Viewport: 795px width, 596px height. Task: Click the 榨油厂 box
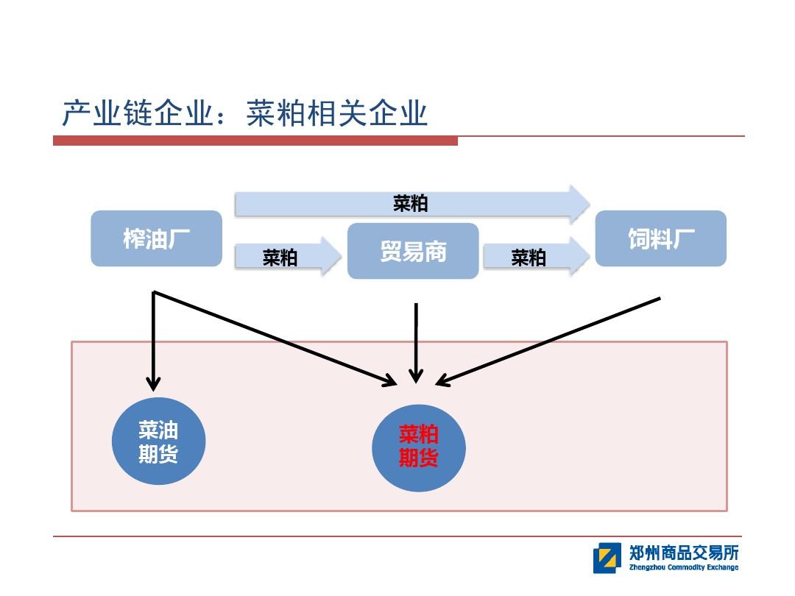[x=156, y=238]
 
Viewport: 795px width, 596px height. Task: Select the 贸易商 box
[x=413, y=251]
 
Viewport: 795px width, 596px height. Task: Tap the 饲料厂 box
[x=660, y=238]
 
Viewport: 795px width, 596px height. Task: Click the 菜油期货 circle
[x=158, y=441]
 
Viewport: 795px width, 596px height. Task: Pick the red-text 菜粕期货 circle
[x=419, y=447]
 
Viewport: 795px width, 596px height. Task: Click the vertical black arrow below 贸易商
[x=416, y=342]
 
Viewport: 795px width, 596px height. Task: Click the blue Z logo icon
[x=607, y=558]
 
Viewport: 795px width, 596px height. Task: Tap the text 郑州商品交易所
[x=684, y=553]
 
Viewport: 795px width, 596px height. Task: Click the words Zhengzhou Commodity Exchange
[x=684, y=567]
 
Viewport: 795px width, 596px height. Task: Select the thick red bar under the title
[x=255, y=141]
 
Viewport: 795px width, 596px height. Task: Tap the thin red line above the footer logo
[x=397, y=536]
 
